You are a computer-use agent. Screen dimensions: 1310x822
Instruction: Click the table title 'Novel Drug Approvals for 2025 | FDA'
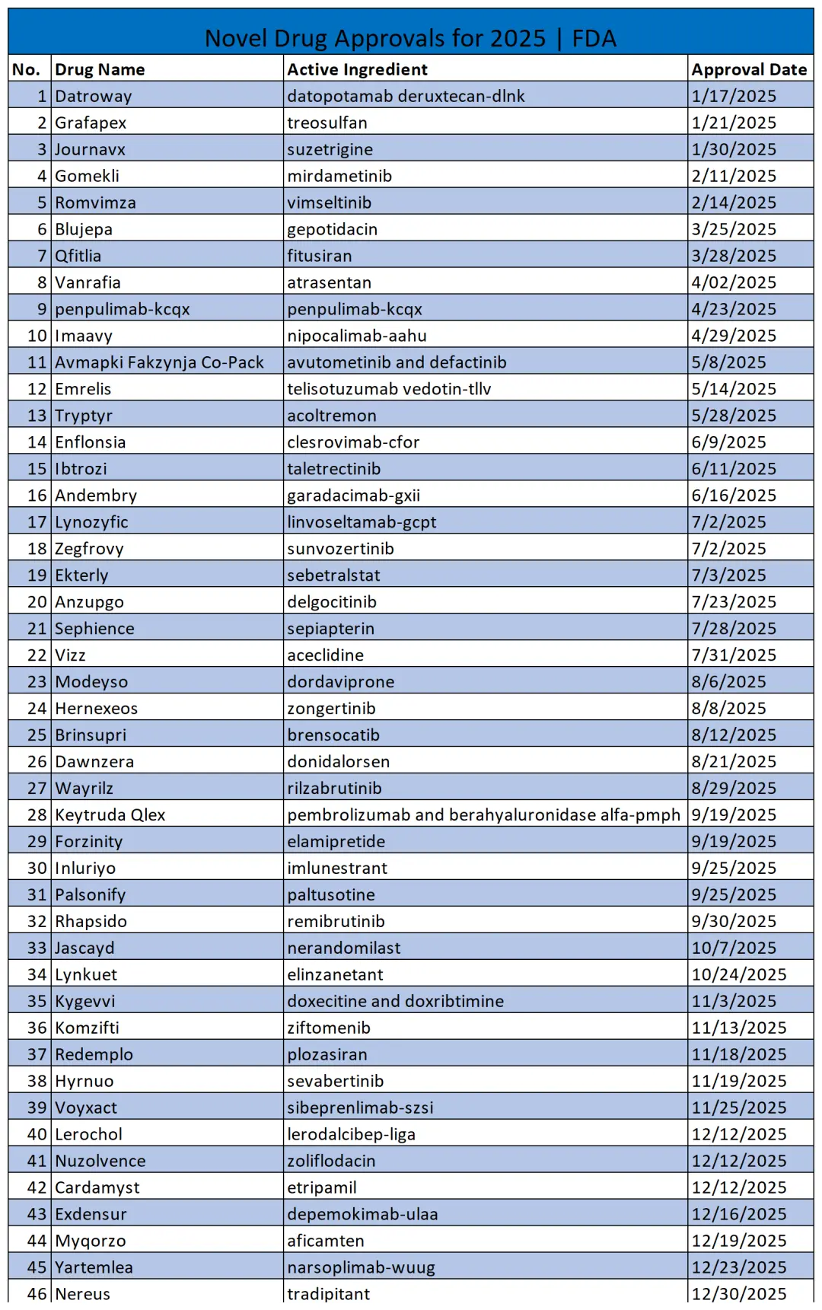[410, 38]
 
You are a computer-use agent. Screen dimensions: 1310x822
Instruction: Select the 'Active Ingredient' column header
[357, 69]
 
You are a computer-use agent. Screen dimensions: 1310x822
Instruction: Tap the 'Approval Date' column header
[749, 69]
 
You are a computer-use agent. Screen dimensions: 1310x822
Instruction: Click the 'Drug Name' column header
[100, 69]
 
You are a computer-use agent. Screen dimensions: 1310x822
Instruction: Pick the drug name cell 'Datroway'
[94, 96]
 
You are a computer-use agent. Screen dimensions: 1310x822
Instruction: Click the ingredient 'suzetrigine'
[330, 149]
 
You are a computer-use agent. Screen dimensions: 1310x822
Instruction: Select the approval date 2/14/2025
[734, 202]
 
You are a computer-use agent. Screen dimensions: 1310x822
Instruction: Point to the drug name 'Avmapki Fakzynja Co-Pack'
[159, 362]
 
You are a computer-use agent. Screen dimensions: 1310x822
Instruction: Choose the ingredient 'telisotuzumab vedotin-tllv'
[389, 389]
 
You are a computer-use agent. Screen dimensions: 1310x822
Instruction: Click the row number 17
[37, 522]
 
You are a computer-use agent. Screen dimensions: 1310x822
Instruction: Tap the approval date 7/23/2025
[734, 602]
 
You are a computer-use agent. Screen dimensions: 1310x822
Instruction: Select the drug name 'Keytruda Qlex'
[110, 814]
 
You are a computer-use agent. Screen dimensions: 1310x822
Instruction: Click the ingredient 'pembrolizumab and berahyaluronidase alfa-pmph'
[483, 814]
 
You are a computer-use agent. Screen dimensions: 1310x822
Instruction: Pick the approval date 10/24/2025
[738, 974]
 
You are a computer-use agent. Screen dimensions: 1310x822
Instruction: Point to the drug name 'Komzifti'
[87, 1028]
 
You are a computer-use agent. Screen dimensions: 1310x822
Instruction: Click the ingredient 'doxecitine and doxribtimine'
[395, 1001]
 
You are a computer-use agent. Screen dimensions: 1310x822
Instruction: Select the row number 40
[37, 1134]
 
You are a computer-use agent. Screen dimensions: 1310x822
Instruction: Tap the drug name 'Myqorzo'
[91, 1241]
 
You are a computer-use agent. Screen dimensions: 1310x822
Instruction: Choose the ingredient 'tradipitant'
[328, 1294]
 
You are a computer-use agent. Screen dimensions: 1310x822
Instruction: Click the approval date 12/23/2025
[738, 1267]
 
